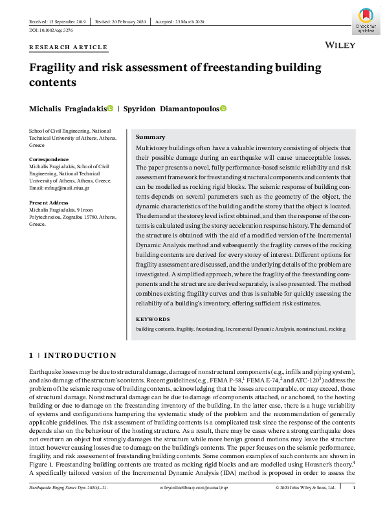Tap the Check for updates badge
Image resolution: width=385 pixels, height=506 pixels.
364,21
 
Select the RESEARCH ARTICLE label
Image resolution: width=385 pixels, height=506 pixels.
68,47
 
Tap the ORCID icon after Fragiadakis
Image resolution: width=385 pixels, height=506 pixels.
110,108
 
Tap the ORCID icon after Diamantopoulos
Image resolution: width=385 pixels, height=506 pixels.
224,108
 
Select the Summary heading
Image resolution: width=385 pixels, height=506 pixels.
150,137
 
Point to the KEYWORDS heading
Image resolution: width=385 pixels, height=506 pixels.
153,319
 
